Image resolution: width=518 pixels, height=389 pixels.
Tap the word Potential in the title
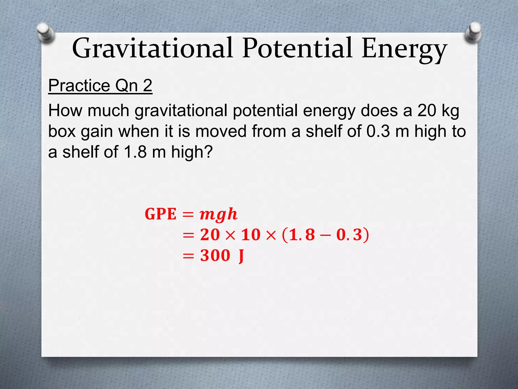point(297,48)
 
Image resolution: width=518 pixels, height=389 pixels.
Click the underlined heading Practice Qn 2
point(100,86)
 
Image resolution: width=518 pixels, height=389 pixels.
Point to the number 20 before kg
point(427,111)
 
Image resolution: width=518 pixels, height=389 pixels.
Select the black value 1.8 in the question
point(135,152)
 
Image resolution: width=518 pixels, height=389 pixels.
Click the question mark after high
point(208,152)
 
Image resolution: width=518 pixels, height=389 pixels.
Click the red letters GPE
point(160,214)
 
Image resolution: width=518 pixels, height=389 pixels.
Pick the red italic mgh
point(219,215)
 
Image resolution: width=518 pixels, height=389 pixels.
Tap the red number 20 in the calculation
point(210,235)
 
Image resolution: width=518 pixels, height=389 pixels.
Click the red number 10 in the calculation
point(251,235)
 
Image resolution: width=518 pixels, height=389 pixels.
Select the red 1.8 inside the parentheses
point(302,235)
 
